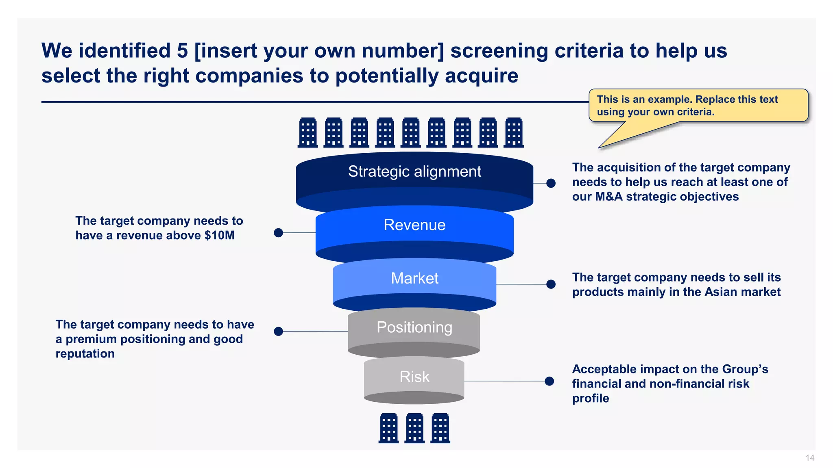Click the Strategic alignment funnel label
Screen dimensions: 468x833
[414, 171]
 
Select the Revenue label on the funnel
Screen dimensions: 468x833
[414, 225]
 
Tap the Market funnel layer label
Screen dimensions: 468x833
[414, 278]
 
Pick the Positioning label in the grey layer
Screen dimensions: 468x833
[414, 327]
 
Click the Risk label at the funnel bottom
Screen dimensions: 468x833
[414, 377]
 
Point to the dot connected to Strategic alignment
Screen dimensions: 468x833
[551, 183]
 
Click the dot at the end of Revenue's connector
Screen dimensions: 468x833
[278, 233]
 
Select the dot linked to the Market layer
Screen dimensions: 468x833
[551, 284]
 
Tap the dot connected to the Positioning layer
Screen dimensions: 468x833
[278, 331]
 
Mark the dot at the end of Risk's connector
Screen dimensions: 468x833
[549, 381]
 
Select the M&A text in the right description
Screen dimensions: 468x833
[609, 197]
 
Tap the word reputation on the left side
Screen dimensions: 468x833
[85, 354]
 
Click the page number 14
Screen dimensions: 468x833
[809, 458]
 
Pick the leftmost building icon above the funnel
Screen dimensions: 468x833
[307, 132]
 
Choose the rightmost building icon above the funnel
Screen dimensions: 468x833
[513, 132]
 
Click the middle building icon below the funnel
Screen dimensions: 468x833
[414, 428]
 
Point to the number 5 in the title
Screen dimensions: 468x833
[182, 51]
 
